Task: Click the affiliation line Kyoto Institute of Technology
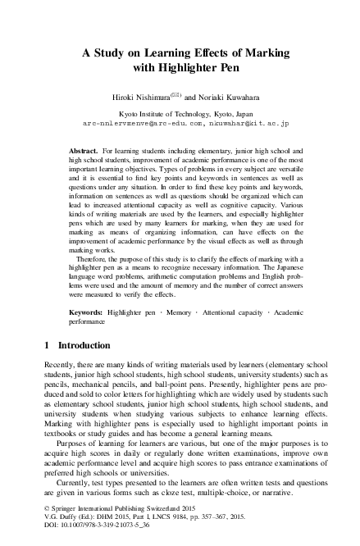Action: [x=180, y=112]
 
